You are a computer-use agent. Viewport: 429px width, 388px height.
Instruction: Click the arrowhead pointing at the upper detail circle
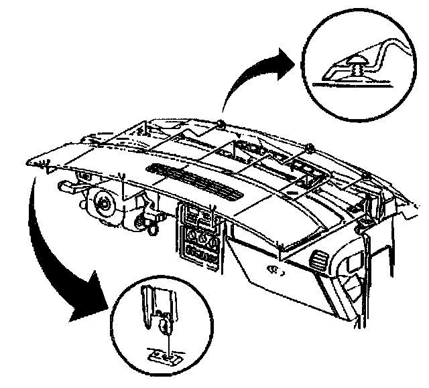pyautogui.click(x=285, y=62)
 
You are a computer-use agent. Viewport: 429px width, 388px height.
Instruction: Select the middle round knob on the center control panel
pyautogui.click(x=200, y=237)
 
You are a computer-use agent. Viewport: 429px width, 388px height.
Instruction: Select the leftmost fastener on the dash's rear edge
pyautogui.click(x=221, y=123)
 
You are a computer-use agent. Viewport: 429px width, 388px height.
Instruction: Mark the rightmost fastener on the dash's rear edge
pyautogui.click(x=367, y=176)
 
